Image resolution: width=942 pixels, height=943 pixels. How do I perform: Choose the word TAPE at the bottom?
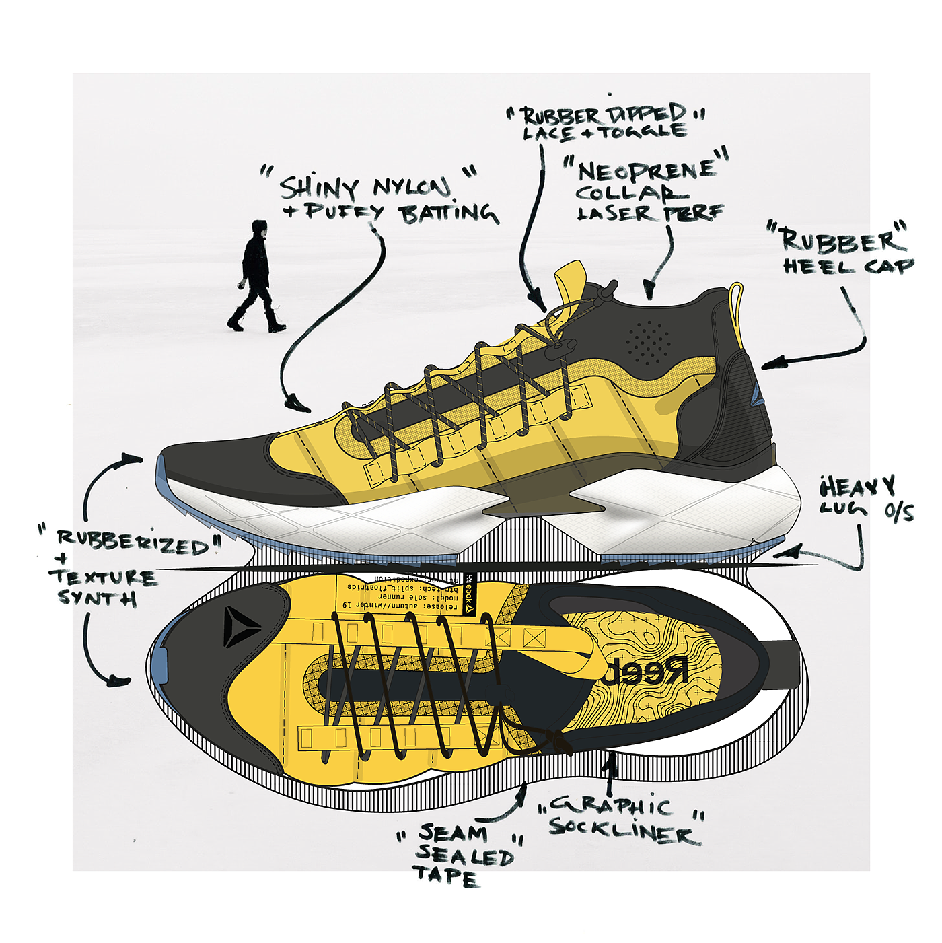tap(445, 876)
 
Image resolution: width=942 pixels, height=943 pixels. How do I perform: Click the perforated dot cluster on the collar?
tap(647, 342)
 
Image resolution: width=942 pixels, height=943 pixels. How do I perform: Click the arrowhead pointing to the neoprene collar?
tap(649, 291)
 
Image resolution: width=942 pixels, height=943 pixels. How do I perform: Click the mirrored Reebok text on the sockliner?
tap(646, 671)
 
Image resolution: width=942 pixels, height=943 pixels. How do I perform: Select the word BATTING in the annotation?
tap(448, 214)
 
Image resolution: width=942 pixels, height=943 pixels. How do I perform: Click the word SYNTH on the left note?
tap(97, 597)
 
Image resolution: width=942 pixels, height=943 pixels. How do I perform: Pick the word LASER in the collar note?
tap(614, 214)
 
